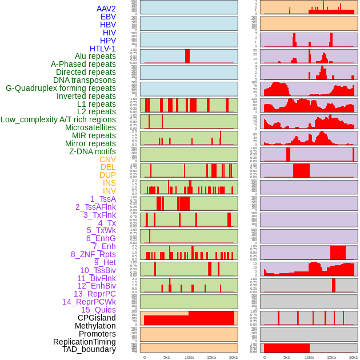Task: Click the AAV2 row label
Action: pos(106,9)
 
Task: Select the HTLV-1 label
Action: pos(102,49)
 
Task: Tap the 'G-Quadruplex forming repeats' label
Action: pos(61,88)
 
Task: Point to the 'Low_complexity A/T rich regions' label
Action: pos(58,119)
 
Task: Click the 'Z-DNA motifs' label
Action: pos(92,151)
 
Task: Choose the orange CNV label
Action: pos(107,159)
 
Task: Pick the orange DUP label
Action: pos(107,175)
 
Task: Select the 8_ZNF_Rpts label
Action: pos(93,254)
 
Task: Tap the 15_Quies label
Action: pos(98,310)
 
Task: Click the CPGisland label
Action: pos(97,318)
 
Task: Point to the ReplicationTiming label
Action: pos(84,342)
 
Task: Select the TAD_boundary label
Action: pos(89,349)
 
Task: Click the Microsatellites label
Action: pos(90,127)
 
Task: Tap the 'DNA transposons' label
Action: pos(85,80)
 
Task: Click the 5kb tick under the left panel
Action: pos(167,357)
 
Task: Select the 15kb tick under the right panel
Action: pos(331,357)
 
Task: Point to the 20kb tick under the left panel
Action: pos(233,357)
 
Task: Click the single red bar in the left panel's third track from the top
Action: pos(187,56)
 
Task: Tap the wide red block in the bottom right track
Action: pos(286,348)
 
